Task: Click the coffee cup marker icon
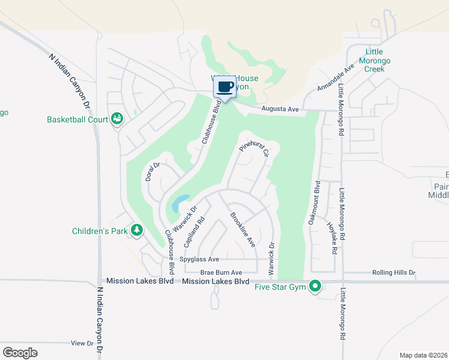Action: [226, 87]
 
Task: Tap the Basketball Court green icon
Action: [116, 119]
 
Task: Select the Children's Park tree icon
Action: [137, 230]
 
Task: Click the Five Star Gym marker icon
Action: [315, 287]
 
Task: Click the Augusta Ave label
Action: [280, 109]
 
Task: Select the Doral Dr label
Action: [151, 172]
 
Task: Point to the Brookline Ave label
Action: [243, 230]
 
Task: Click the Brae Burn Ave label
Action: [221, 272]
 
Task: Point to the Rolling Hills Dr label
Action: [393, 272]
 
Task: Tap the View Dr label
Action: [82, 344]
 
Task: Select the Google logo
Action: [20, 352]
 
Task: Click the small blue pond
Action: [179, 203]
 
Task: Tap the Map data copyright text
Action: [423, 355]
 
